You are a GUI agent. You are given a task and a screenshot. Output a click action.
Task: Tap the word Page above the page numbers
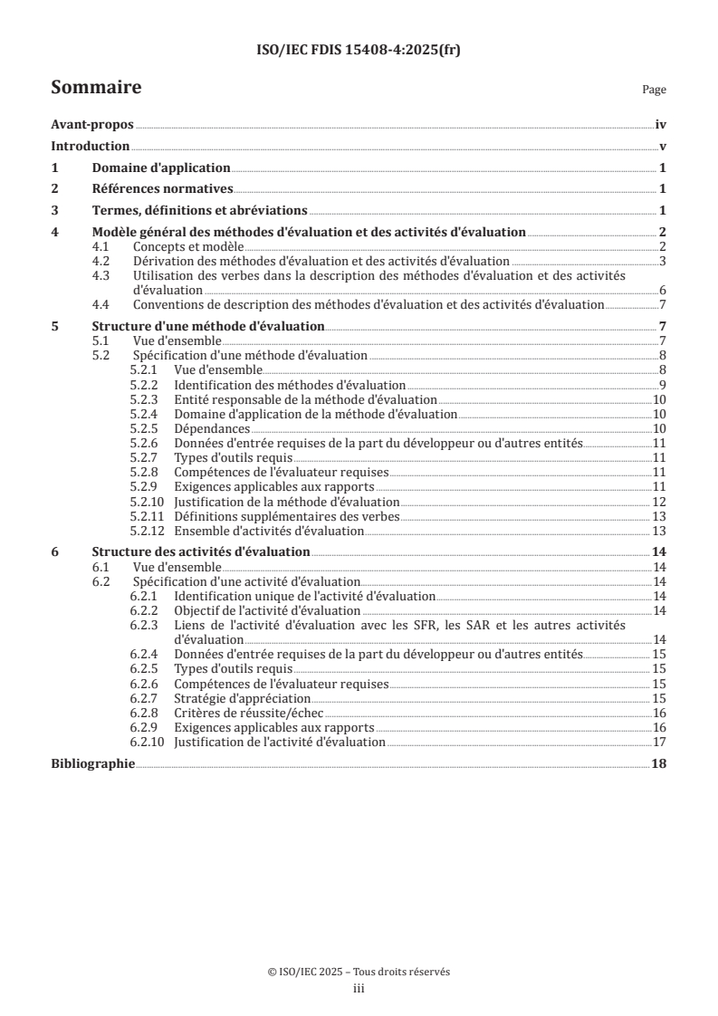point(654,90)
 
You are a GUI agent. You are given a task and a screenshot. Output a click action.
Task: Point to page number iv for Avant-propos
point(661,126)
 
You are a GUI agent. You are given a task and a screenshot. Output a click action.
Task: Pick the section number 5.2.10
point(147,502)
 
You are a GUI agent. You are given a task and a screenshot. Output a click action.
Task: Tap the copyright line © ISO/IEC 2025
point(359,972)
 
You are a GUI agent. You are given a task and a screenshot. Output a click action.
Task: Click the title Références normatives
point(163,189)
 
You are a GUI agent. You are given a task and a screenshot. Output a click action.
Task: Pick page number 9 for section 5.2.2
point(663,385)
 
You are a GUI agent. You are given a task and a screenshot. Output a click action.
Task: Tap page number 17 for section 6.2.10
point(660,743)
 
